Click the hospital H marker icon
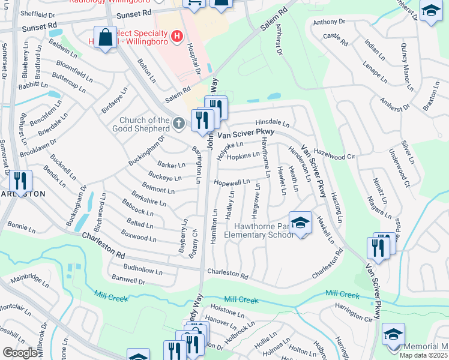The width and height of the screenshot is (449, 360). click(x=176, y=37)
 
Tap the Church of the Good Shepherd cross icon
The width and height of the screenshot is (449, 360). click(x=178, y=124)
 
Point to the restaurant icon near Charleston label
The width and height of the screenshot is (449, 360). click(x=22, y=180)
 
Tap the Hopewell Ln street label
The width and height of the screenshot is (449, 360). click(x=231, y=182)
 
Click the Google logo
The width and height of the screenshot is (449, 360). click(x=20, y=352)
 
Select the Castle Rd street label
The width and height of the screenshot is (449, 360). click(x=336, y=40)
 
